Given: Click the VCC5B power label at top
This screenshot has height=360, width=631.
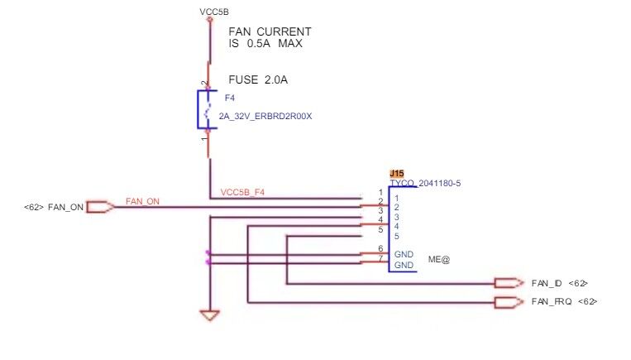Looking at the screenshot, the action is coord(214,12).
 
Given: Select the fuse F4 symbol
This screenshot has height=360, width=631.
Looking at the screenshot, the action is coord(208,109).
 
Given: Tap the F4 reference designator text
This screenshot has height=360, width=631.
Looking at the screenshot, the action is coord(230,98).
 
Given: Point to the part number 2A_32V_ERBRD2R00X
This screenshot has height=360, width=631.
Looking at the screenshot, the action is coord(265,117).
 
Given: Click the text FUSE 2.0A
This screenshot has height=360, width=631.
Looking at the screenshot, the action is coord(258,79).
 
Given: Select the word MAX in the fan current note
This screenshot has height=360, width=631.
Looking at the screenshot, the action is coord(290,44).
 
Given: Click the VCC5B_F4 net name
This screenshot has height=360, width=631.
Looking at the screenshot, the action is coord(242,193).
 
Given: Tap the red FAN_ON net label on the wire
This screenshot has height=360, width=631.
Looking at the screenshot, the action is coord(142,201).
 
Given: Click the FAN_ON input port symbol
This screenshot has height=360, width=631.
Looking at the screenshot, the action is coord(100,207).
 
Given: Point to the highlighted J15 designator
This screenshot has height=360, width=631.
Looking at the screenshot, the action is coord(397,174).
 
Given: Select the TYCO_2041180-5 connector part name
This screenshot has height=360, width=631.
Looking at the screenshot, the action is coord(425,184).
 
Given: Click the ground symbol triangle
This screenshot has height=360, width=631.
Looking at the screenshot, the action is coord(210,315).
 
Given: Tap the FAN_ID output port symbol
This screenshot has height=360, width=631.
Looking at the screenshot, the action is coord(509,283).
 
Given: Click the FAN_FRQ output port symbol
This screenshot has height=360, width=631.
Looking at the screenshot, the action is coord(509,302).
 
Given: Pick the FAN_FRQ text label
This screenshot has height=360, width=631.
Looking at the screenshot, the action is coord(552,301).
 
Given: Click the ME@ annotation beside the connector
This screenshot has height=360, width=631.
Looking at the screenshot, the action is coord(439,260).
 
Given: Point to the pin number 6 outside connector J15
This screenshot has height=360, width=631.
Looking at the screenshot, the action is coord(380,249).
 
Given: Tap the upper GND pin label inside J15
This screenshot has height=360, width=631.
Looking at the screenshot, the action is coord(404,255).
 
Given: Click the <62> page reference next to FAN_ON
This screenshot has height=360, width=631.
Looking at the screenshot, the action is coord(33,208).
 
